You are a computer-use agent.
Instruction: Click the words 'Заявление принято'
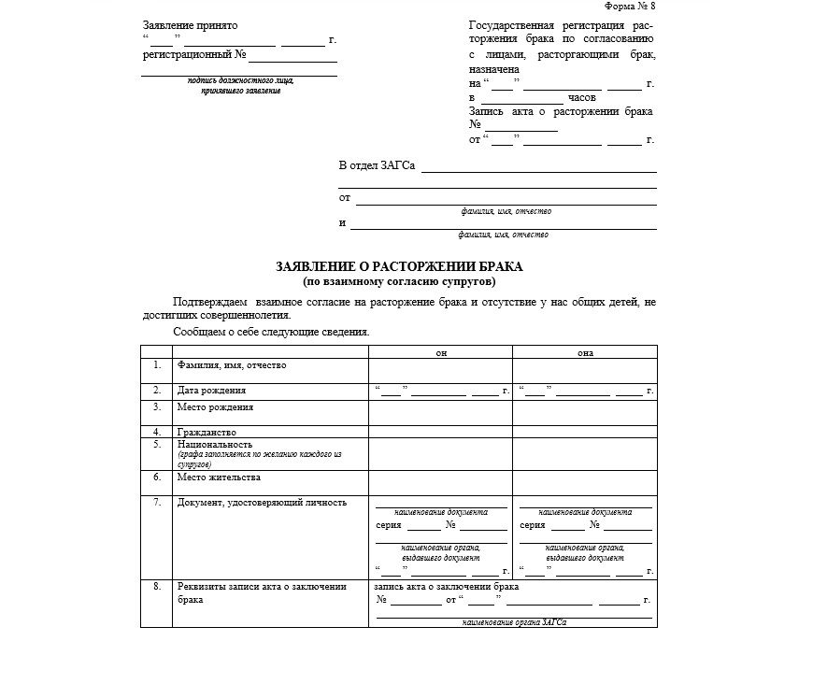(x=191, y=25)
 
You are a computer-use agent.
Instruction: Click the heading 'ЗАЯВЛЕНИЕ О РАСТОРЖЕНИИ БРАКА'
(x=399, y=266)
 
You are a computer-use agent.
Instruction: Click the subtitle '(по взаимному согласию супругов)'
(x=399, y=280)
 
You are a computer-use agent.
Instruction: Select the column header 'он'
(x=441, y=353)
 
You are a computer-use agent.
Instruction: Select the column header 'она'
(x=585, y=353)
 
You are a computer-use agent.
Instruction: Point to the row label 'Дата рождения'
(x=212, y=390)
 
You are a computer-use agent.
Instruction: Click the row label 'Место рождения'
(x=216, y=407)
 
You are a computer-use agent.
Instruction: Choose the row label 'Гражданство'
(x=207, y=433)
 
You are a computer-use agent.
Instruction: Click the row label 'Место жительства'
(x=219, y=477)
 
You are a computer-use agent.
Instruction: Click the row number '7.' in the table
(x=157, y=502)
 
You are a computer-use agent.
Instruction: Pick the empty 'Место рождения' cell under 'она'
(x=585, y=413)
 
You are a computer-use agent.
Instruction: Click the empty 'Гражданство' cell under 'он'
(x=441, y=432)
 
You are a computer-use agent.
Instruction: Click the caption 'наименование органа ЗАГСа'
(x=515, y=621)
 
